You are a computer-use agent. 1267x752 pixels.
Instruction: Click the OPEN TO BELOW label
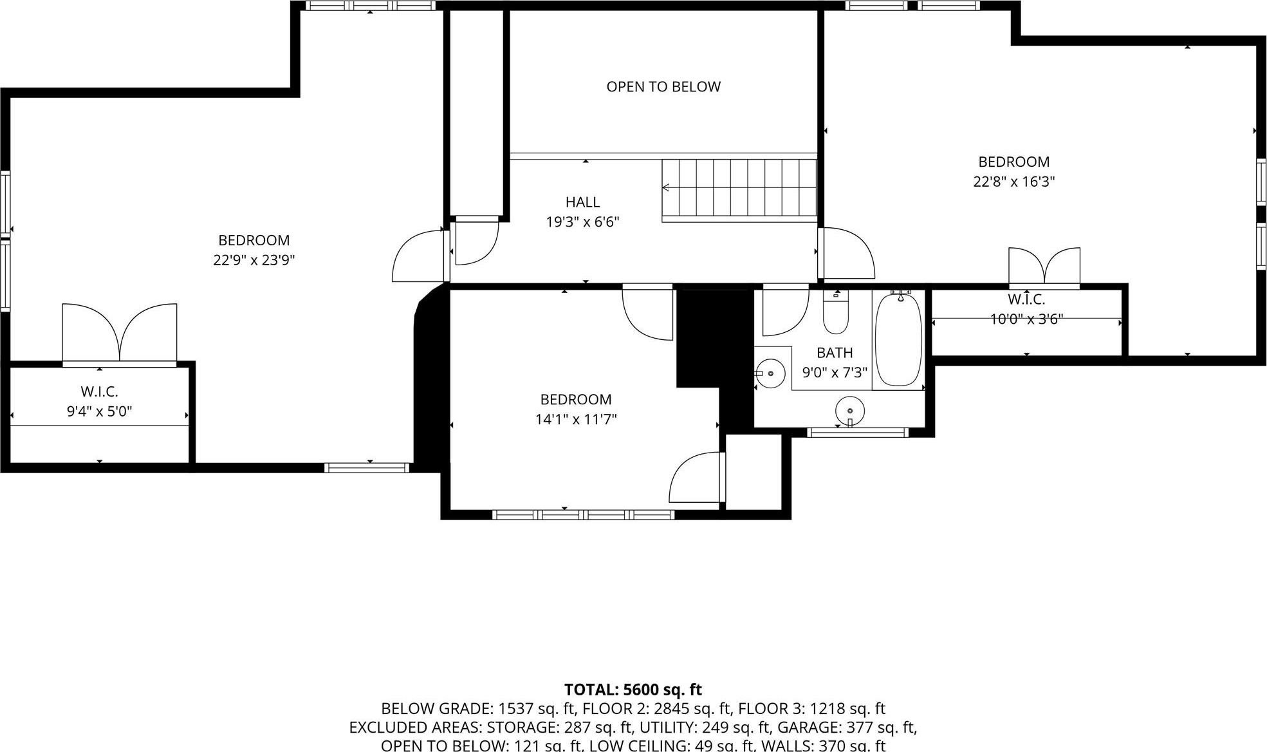point(663,87)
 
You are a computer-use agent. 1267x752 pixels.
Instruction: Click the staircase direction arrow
point(667,187)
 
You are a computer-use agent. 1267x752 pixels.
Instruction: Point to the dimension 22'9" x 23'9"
point(254,260)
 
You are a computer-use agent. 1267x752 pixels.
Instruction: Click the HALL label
point(582,202)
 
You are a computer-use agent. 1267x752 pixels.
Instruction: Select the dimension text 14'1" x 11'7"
point(576,420)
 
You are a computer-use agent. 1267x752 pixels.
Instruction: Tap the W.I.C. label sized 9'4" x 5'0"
point(99,391)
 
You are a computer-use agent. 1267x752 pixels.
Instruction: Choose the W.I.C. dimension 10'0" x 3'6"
point(1026,319)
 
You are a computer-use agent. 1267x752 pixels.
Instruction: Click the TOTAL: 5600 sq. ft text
point(633,690)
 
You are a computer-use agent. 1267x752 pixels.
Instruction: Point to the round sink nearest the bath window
point(849,410)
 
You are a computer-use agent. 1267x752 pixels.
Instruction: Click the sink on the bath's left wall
point(770,373)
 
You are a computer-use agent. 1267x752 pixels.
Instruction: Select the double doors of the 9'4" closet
point(120,333)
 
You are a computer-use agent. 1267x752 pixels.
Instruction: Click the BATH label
point(835,353)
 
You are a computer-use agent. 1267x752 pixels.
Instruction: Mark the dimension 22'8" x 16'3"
point(1013,182)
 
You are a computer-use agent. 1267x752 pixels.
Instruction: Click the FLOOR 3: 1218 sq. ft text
point(811,709)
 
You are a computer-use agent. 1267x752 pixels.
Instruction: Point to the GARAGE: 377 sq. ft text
point(847,728)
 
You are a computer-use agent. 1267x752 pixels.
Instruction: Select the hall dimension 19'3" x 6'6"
point(582,222)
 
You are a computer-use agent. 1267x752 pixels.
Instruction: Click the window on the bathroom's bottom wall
point(858,432)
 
